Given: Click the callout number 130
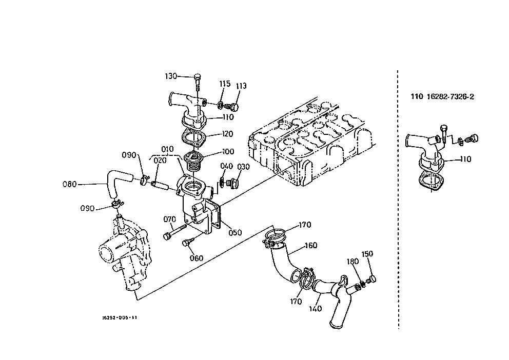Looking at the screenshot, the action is point(171,76).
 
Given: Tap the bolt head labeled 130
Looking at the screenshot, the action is point(198,77).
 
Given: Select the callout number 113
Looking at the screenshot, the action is point(241,86).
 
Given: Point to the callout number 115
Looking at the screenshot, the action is point(225,84).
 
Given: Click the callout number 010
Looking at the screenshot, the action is point(167,149).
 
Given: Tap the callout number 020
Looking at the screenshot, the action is point(160,160).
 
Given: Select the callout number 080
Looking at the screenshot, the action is point(69,184).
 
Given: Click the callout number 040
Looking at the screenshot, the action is point(227,166).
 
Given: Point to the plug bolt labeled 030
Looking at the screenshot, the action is point(232,184).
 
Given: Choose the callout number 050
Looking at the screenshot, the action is point(235,232).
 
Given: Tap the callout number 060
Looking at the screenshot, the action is point(197,258).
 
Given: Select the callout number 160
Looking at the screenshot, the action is point(311,246).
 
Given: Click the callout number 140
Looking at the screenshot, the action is point(315,308).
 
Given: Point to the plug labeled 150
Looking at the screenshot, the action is point(372,279).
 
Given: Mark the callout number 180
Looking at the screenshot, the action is point(353,262).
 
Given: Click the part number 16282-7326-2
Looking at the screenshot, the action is point(450,96).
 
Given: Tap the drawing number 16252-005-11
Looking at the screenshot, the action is point(120,317).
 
